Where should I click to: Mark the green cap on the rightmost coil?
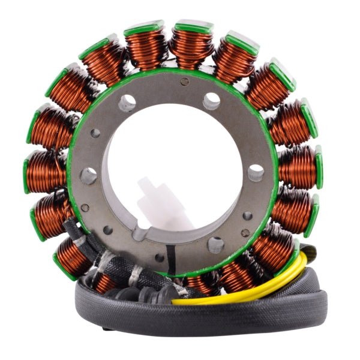[317, 166]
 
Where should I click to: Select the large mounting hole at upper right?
[211, 101]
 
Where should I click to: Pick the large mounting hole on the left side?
[89, 176]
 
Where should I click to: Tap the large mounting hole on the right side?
[256, 173]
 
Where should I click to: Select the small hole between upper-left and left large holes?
[95, 133]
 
